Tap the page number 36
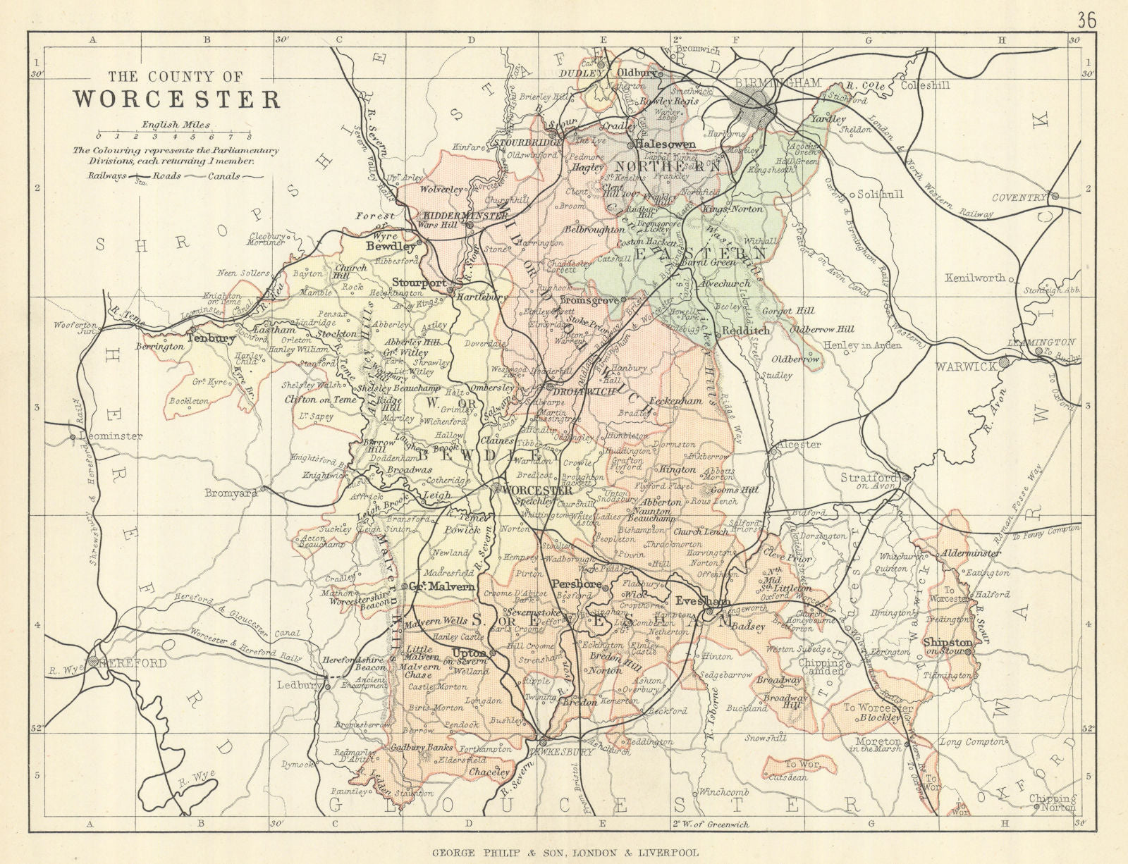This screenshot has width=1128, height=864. pyautogui.click(x=1086, y=20)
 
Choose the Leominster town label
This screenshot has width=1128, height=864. pyautogui.click(x=110, y=436)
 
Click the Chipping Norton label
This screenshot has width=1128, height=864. pyautogui.click(x=1053, y=803)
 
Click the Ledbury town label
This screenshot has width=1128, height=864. pyautogui.click(x=298, y=684)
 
